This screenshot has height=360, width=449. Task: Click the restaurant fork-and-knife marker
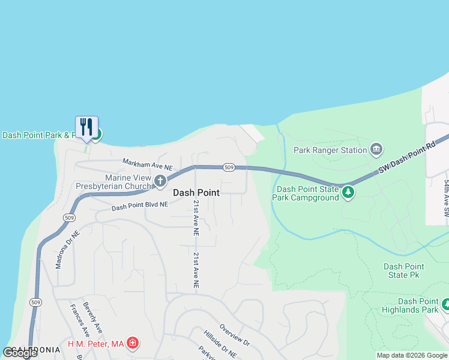tap(86, 127)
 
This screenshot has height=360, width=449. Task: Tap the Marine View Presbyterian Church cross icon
tap(160, 180)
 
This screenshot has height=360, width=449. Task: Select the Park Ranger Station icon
tap(376, 149)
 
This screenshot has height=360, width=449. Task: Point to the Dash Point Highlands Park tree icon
tap(445, 305)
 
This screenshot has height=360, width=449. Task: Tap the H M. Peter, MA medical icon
tap(133, 344)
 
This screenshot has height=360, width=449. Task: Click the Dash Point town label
tap(196, 193)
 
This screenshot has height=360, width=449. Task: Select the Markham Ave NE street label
tap(148, 163)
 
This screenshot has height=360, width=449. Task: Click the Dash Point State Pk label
tap(403, 271)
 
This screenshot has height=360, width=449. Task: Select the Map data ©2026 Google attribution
tap(412, 355)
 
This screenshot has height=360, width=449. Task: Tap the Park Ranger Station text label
tap(330, 150)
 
